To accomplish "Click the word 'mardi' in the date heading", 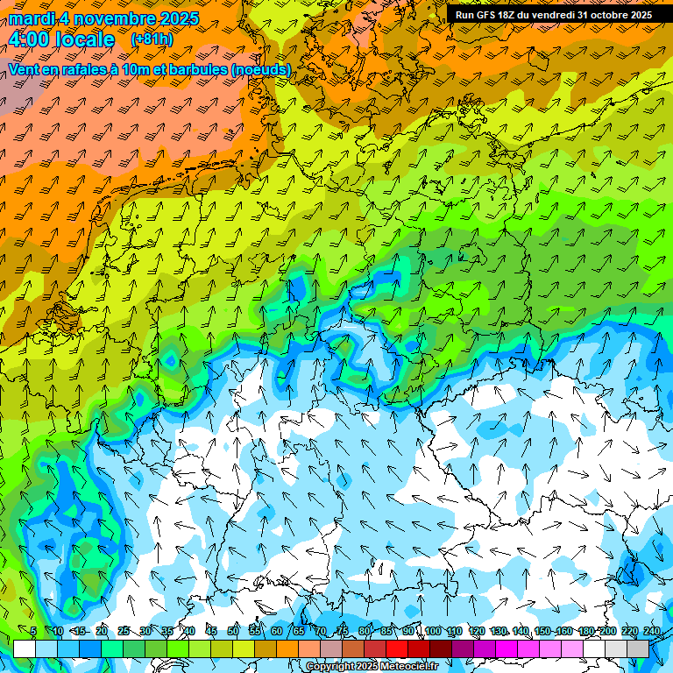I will point(30,18).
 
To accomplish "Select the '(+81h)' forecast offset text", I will point(152,39).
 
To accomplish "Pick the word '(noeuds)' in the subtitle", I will point(259,69).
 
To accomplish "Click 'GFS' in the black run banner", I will point(489,15).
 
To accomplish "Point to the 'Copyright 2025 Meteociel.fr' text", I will point(372,666).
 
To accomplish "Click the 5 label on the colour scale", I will point(33,631).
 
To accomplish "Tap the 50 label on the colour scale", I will point(233,631).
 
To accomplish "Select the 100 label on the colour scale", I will point(433,631).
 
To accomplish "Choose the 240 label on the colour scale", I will point(652,631).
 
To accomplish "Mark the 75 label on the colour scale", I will point(343,631).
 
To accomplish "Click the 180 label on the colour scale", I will point(586,631).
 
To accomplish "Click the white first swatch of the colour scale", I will point(24,648).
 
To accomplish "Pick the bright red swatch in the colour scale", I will point(397,648).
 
